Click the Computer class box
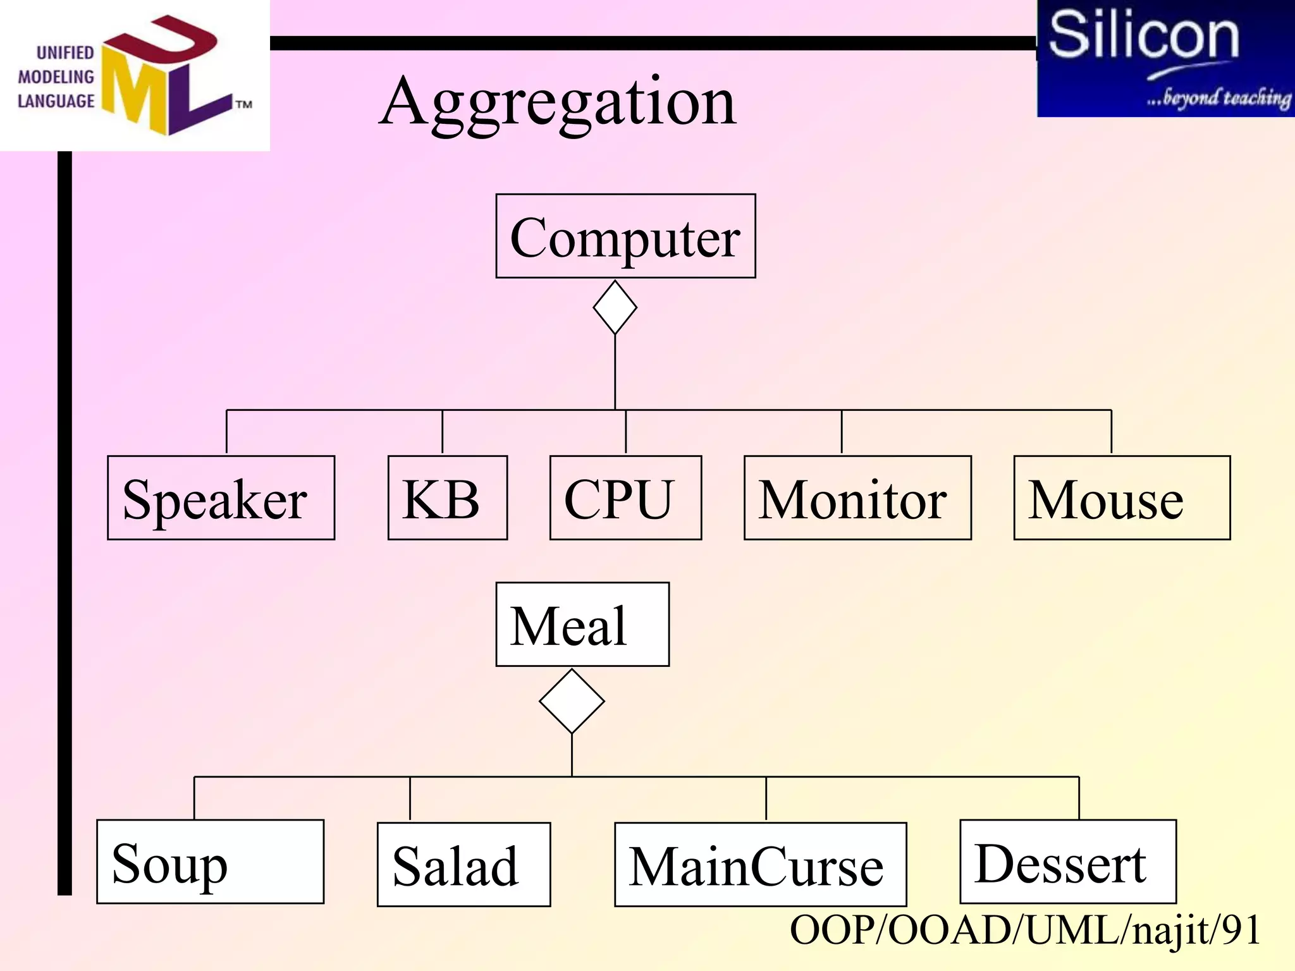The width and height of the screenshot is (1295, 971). (x=625, y=236)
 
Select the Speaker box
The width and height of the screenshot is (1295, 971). (x=221, y=498)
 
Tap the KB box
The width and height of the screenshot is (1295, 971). (x=447, y=498)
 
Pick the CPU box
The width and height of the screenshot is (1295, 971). (x=625, y=498)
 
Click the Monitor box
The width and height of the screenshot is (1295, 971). (x=857, y=498)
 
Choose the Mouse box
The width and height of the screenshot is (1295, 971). (x=1122, y=498)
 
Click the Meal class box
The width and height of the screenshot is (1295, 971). (x=582, y=624)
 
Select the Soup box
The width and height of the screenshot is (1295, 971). (x=210, y=862)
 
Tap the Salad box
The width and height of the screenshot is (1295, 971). (x=463, y=864)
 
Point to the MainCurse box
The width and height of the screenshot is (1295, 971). (x=760, y=864)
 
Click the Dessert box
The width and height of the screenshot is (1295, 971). (x=1067, y=862)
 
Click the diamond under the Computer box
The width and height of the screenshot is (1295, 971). (x=615, y=307)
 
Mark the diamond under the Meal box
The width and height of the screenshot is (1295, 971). (x=572, y=700)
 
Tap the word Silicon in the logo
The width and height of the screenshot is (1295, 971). (x=1143, y=35)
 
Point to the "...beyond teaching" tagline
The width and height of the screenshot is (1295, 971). (x=1218, y=98)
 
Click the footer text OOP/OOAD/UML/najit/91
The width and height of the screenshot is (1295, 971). (x=1024, y=930)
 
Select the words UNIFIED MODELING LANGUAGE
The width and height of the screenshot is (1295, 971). (x=56, y=77)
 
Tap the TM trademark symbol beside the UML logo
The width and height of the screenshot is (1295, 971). (x=244, y=104)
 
